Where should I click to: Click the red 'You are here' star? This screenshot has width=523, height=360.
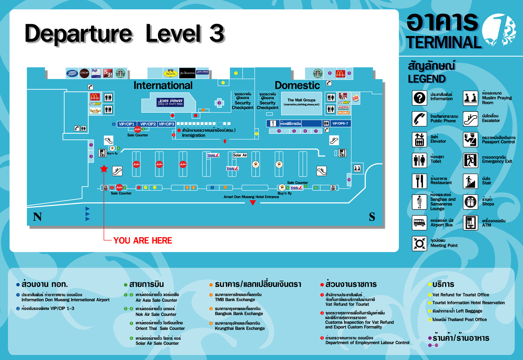[104, 169]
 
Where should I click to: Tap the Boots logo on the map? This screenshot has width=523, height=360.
[72, 73]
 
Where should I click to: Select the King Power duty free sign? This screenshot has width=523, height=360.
[170, 102]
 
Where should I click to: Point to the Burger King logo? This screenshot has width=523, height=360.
[355, 98]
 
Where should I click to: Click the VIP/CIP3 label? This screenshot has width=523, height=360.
[166, 124]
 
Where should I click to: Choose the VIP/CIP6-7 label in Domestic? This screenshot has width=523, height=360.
[340, 123]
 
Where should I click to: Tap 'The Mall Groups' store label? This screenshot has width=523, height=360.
[301, 102]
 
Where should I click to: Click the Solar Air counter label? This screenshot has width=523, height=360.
[240, 155]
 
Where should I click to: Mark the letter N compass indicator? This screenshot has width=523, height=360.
[37, 217]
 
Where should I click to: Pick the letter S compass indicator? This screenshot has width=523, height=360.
[372, 217]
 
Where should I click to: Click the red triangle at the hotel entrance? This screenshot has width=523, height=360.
[253, 203]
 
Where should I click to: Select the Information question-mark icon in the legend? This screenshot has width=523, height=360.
[419, 98]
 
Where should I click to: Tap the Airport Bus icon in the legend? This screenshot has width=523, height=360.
[419, 222]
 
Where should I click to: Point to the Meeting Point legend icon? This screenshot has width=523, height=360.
[419, 243]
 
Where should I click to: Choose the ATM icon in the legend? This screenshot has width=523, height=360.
[470, 222]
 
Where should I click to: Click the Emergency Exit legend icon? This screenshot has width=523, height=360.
[470, 160]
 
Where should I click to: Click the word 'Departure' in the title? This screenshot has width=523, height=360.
[78, 34]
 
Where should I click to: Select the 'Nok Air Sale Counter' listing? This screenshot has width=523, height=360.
[156, 314]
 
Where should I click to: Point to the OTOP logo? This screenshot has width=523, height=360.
[84, 73]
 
